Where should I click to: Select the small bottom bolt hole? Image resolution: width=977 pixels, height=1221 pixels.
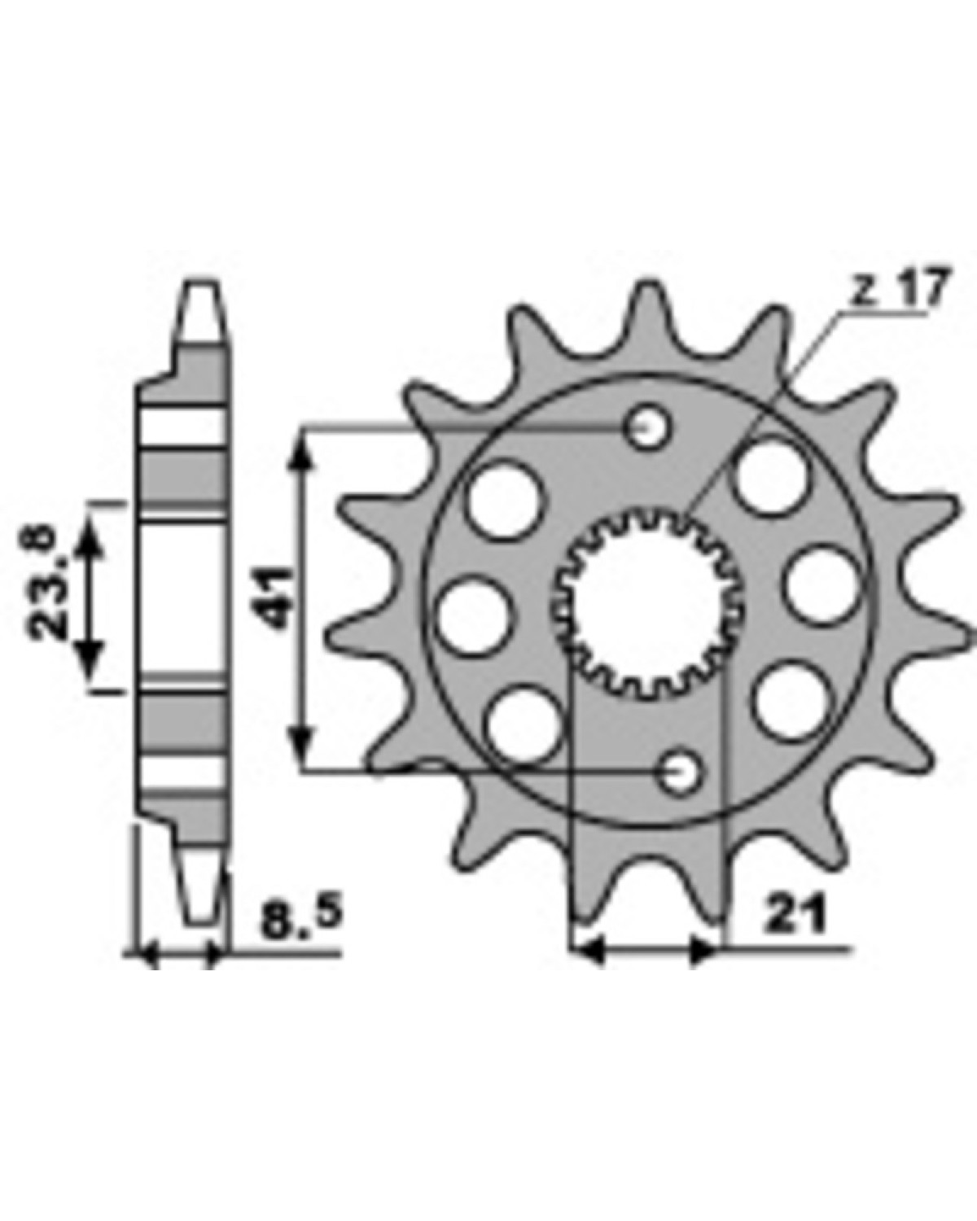(679, 770)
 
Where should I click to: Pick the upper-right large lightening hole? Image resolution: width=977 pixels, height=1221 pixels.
(773, 475)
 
